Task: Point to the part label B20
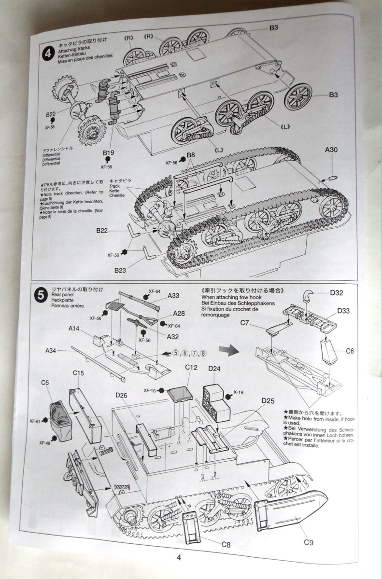(x=52, y=114)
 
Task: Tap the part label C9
(x=310, y=543)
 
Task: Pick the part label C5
(x=45, y=383)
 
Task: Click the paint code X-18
(x=239, y=392)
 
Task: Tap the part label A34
(x=53, y=350)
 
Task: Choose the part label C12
(x=192, y=368)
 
